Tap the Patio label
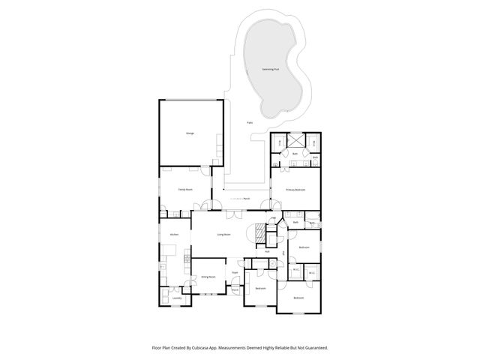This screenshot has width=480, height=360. pos(250,122)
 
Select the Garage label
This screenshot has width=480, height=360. pos(190,133)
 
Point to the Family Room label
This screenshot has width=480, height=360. pos(185,190)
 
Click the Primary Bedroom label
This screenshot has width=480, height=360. pos(295,190)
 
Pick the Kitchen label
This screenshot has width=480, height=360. pos(174,235)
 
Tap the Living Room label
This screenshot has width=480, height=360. pos(223,235)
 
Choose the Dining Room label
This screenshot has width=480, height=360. pos(208,277)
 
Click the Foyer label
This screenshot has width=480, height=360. pos(235,272)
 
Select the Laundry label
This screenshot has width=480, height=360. pos(177,298)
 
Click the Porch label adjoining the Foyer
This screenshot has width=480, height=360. pos(235,289)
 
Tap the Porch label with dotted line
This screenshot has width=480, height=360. pos(246,199)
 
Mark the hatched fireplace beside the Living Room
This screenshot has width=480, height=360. pos(261,234)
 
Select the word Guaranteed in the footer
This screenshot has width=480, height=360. pos(313,348)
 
